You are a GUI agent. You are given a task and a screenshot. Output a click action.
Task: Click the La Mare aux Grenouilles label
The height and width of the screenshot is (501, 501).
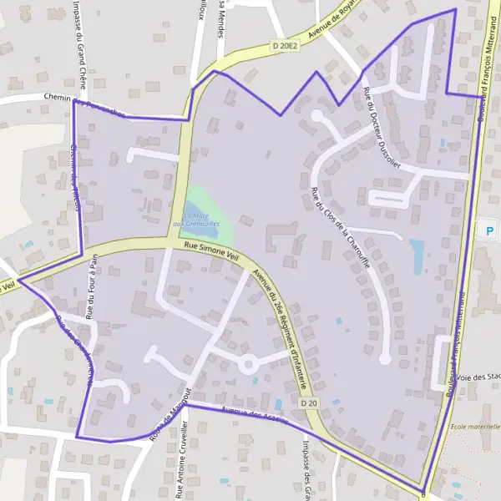(x=196, y=220)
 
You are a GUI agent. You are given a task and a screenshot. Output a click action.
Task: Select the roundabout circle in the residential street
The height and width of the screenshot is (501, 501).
(x=248, y=364)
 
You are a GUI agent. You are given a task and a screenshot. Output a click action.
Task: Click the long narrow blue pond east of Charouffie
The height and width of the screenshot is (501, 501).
(x=417, y=256)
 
